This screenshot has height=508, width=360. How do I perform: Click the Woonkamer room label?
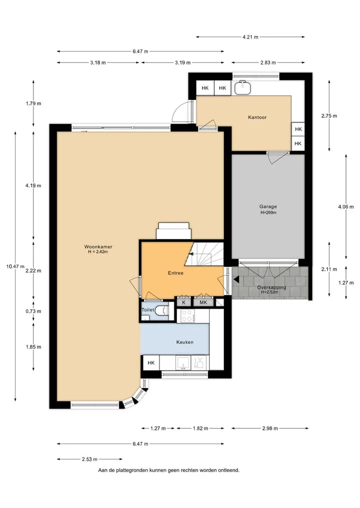tap(98, 247)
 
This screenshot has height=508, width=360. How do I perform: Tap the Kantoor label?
tap(257, 117)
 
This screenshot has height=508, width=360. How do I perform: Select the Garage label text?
tap(268, 206)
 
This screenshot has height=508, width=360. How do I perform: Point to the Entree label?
tap(175, 273)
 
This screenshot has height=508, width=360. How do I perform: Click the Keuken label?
tap(185, 342)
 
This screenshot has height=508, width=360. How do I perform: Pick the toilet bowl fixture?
tap(162, 311)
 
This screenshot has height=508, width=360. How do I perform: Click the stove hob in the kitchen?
tap(187, 316)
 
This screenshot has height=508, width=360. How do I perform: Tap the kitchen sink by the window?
tap(183, 363)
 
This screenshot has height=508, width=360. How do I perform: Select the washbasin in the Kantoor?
tap(242, 87)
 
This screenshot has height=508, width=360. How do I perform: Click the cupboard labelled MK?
tap(203, 302)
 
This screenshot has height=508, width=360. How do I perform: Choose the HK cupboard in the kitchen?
tap(151, 363)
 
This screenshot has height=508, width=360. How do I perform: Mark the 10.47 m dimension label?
tap(15, 267)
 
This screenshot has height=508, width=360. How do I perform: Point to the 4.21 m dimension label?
tap(250, 37)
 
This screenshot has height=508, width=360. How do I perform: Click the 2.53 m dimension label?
tap(89, 459)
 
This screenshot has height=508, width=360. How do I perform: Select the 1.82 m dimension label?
tap(200, 428)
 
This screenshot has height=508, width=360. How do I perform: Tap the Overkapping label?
tap(272, 287)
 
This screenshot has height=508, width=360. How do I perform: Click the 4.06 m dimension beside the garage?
tap(345, 207)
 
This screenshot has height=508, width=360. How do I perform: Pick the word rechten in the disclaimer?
tap(188, 470)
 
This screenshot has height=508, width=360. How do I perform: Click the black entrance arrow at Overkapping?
tap(236, 279)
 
